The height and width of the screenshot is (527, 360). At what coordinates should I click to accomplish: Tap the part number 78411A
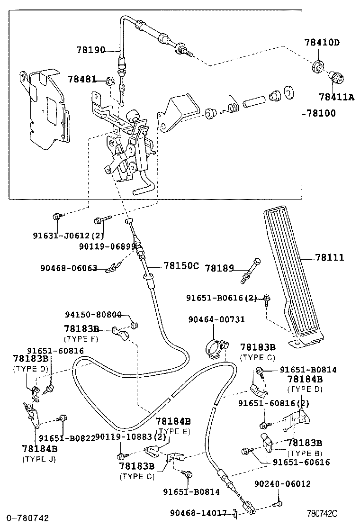[336, 97]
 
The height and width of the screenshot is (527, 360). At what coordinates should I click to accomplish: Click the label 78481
[81, 79]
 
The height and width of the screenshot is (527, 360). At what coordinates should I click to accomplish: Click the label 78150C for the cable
[181, 265]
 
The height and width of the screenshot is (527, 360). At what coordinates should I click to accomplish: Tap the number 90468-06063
[69, 268]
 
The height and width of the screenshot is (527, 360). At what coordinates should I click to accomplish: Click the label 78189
[219, 268]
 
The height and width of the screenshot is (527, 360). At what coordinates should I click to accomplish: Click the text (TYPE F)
[81, 339]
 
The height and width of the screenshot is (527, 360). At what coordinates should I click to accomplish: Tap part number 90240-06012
[282, 484]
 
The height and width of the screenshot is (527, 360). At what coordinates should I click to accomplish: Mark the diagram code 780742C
[322, 513]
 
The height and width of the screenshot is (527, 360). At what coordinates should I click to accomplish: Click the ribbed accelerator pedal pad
[292, 275]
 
